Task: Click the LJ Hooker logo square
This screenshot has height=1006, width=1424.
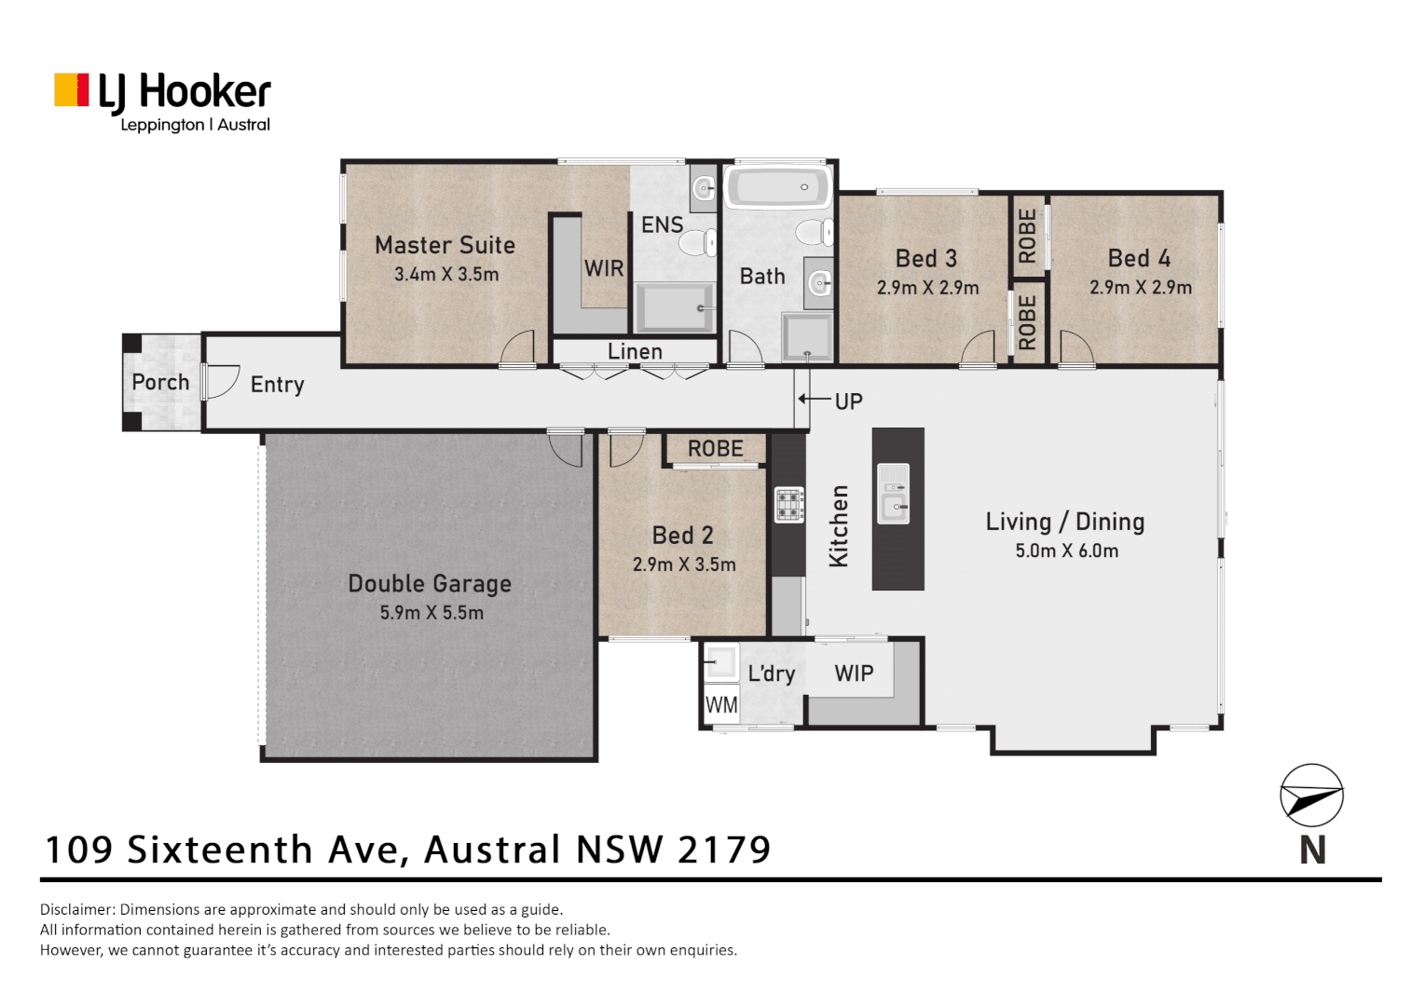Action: tap(72, 90)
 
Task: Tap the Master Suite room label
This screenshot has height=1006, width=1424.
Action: tap(445, 245)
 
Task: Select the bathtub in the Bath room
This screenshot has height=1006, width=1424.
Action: tap(777, 187)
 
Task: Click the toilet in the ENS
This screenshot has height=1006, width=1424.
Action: tap(697, 243)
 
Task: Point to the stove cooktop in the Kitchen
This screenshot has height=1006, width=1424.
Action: tap(789, 505)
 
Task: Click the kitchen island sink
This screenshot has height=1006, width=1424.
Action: tap(894, 507)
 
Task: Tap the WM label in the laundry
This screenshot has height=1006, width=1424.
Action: tap(720, 705)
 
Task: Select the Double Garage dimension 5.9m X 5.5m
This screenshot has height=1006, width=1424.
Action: tap(431, 613)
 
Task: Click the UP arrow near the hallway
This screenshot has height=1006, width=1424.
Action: tap(814, 400)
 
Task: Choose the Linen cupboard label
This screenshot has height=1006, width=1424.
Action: tap(635, 352)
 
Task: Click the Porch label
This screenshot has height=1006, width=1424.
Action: tap(160, 382)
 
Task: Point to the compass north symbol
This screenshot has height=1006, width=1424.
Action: tap(1311, 795)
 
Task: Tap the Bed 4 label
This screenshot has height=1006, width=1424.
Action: tap(1139, 258)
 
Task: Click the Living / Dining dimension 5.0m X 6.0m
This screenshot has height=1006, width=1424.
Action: tap(1066, 551)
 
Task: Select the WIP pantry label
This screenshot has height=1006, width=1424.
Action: tap(854, 673)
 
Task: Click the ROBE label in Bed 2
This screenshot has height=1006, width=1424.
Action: tap(715, 449)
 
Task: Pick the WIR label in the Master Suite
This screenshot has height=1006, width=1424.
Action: tap(604, 268)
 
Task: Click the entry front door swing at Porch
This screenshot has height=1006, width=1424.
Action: tap(221, 382)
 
